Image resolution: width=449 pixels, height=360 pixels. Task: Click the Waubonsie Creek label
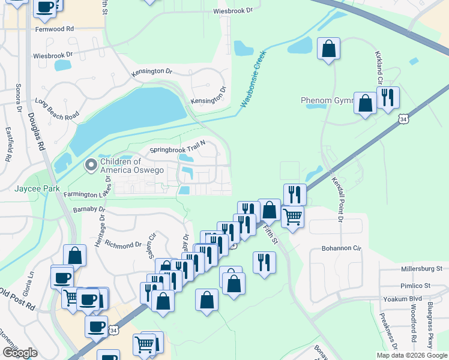pos(253,79)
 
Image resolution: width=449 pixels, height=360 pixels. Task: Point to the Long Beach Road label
pos(57,107)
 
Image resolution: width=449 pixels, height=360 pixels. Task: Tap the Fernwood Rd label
pos(54,28)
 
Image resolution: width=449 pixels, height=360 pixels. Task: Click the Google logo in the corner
pos(20,353)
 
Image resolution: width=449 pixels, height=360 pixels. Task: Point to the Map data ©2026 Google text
pos(411,355)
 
